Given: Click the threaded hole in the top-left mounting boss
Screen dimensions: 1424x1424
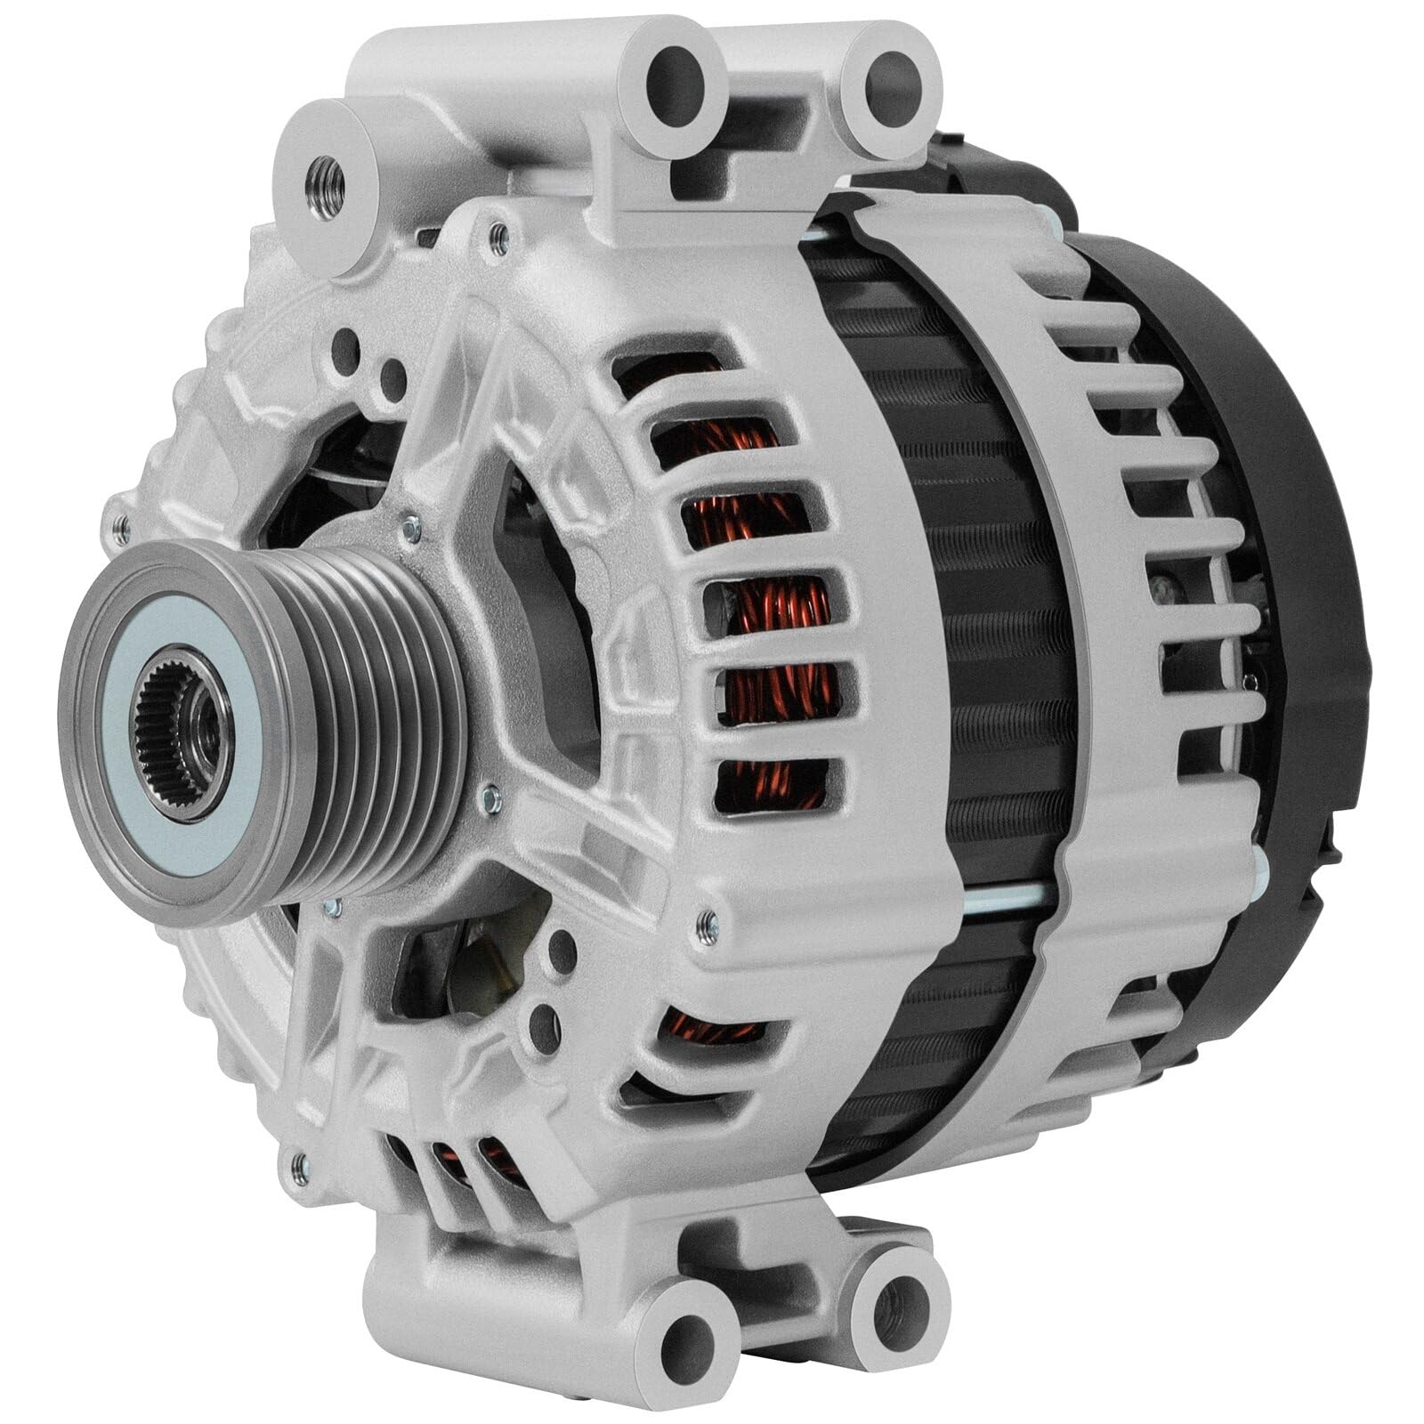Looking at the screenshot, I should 328,187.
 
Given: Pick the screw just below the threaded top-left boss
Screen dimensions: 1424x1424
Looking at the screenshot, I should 499,237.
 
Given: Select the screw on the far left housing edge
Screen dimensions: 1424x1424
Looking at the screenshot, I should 121,530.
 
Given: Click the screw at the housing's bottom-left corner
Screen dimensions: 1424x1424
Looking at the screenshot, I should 301,1167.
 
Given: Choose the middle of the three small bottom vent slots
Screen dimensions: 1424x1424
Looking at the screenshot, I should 442,1157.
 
